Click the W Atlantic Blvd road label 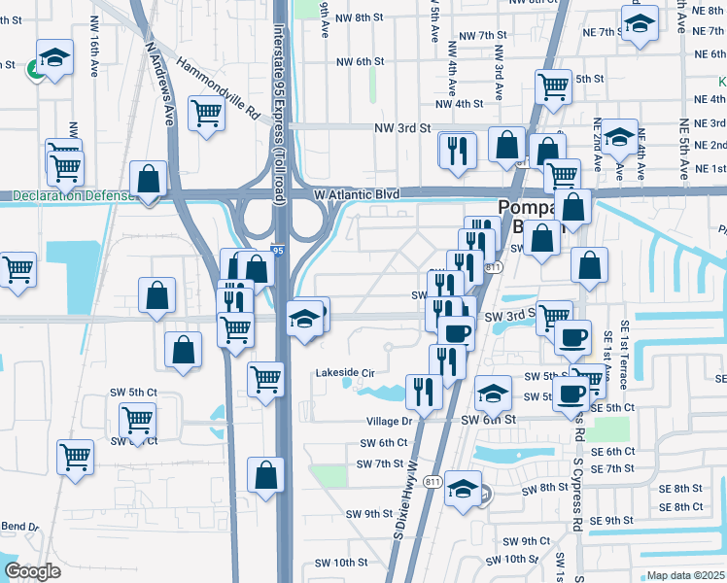pyautogui.click(x=357, y=194)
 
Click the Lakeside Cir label pyautogui.click(x=344, y=372)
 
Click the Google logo pyautogui.click(x=32, y=571)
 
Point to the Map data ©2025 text pyautogui.click(x=686, y=575)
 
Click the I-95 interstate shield pyautogui.click(x=278, y=250)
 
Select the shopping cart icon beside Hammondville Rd pyautogui.click(x=207, y=115)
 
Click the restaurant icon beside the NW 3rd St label pyautogui.click(x=457, y=149)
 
